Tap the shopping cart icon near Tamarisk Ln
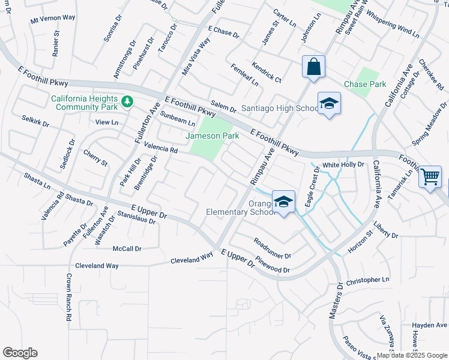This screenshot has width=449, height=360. click(x=430, y=177)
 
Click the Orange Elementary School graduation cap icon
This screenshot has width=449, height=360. click(x=283, y=201)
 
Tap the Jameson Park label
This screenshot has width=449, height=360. click(x=212, y=136)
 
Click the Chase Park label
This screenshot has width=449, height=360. click(x=365, y=85)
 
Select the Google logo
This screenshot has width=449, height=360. click(x=20, y=353)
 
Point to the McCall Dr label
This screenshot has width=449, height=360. click(x=127, y=248)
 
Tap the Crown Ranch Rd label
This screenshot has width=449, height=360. click(x=69, y=298)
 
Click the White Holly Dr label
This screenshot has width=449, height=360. click(x=343, y=164)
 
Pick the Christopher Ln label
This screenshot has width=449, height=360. click(x=368, y=280)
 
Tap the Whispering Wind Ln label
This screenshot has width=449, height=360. click(x=393, y=23)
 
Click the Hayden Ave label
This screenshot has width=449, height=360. click(x=430, y=325)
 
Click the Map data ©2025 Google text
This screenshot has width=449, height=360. click(x=411, y=355)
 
